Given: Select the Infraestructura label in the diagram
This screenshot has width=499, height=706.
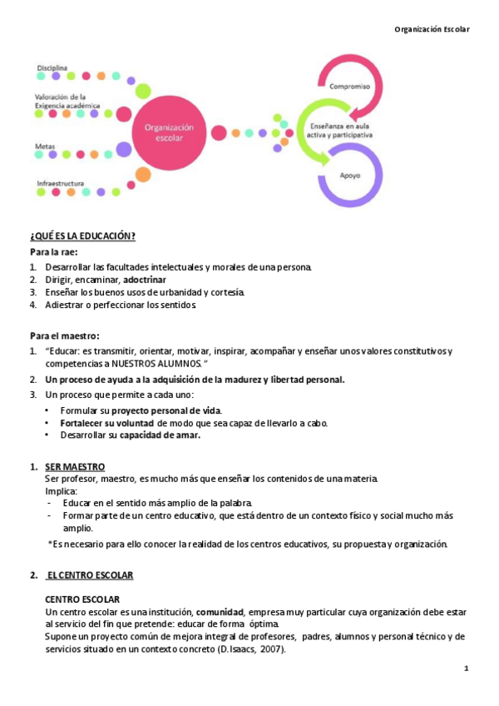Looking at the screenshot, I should click(x=60, y=182).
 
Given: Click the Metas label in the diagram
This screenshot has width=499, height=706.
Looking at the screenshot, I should click(x=45, y=146).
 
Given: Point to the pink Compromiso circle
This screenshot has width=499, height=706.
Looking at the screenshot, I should click(x=349, y=87).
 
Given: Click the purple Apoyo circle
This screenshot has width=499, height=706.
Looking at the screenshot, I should click(x=350, y=176).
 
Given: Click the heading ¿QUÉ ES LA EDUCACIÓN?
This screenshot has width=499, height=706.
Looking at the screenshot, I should click(x=83, y=236).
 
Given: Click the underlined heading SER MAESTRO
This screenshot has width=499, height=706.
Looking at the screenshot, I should click(x=75, y=466).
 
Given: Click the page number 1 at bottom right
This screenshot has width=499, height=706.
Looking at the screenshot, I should click(x=467, y=669).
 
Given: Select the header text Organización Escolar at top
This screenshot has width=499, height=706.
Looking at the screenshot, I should click(x=432, y=29).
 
